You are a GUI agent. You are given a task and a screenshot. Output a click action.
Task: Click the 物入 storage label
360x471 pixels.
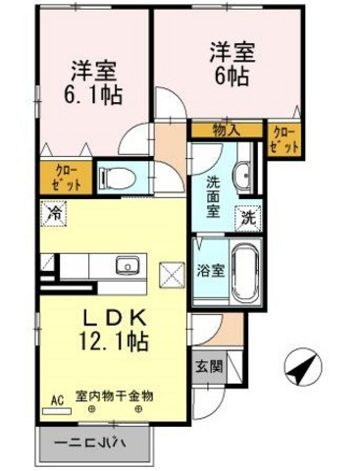click(x=227, y=131)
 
